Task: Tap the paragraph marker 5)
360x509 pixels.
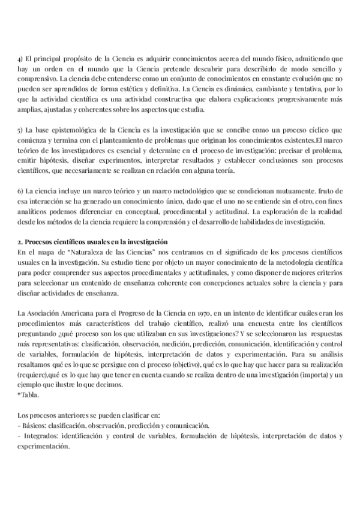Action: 20,130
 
